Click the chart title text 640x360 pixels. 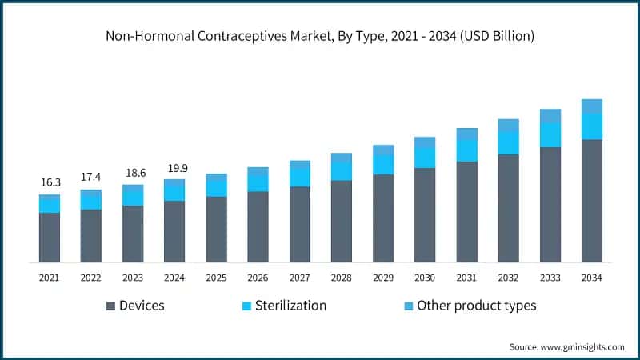click(320, 36)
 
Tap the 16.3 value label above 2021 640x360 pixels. click(50, 183)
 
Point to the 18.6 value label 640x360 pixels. click(133, 173)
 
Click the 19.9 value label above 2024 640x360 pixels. click(174, 168)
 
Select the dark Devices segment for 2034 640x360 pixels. click(592, 201)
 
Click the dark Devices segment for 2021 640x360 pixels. click(50, 238)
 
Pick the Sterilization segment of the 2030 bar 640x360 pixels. click(425, 158)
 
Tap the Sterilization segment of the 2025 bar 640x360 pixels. click(216, 186)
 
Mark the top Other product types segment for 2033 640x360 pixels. click(550, 116)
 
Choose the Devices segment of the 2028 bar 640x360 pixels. click(342, 222)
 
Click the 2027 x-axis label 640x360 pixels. click(300, 277)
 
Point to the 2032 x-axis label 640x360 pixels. click(509, 277)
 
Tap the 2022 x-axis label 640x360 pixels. click(91, 277)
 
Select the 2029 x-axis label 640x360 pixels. click(383, 277)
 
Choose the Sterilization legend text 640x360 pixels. click(290, 306)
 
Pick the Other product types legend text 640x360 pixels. click(476, 306)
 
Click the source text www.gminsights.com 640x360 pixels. click(582, 346)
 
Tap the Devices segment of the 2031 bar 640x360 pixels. click(466, 212)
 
